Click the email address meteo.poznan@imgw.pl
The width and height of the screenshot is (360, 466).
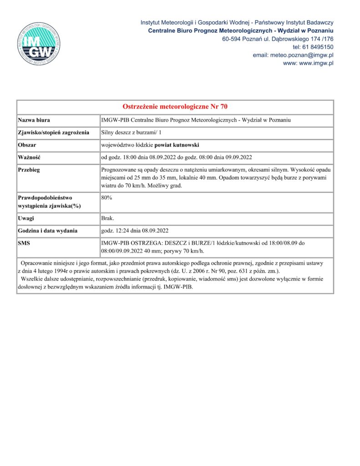pyautogui.click(x=293, y=55)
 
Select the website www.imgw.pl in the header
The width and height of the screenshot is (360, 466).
pyautogui.click(x=315, y=63)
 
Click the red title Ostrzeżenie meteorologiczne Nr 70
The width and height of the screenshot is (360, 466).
pyautogui.click(x=175, y=107)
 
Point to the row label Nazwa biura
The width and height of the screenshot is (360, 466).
pyautogui.click(x=34, y=120)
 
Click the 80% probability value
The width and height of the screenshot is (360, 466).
pyautogui.click(x=107, y=198)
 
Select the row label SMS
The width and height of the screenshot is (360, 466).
pyautogui.click(x=24, y=243)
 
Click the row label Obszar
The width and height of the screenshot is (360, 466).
pyautogui.click(x=27, y=145)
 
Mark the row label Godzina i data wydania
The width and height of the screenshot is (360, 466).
pyautogui.click(x=47, y=231)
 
